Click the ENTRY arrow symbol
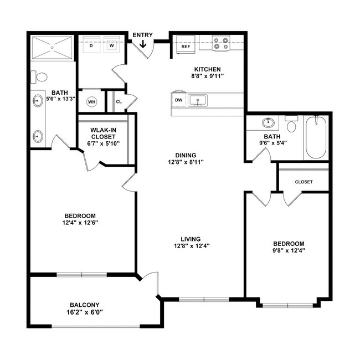pos(143,44)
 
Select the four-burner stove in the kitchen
pos(222,43)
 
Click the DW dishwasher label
pos(178,100)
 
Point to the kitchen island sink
pos(197,100)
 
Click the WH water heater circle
pos(91,102)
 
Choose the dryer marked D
pos(91,46)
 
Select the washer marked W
pos(111,46)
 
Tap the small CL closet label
pos(119,101)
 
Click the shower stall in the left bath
pos(52,48)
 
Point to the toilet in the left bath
pos(38,76)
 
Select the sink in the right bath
pos(266,122)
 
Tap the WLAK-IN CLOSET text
pos(104,133)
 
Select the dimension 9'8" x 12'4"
pos(288,250)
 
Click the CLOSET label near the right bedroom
pos(304,182)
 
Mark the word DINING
pos(186,155)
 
